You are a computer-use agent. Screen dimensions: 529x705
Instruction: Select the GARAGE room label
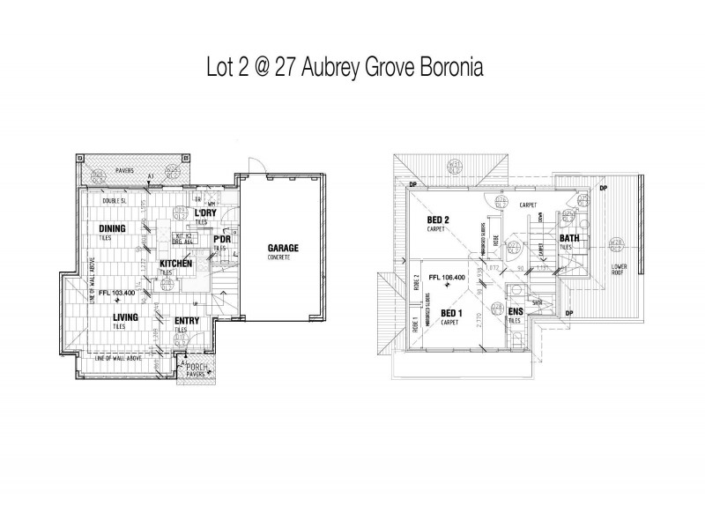pos(283,249)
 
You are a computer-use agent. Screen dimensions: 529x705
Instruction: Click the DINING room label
pos(112,229)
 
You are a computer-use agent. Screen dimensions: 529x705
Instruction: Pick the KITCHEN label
pos(176,264)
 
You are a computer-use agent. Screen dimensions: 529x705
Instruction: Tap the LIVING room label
pos(112,317)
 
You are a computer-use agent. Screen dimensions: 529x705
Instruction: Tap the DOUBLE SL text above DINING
pos(115,201)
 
